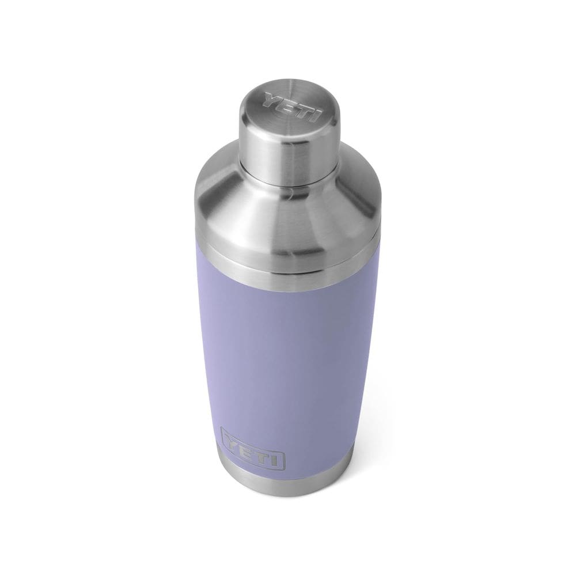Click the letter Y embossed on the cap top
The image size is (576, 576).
(x=271, y=100)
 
